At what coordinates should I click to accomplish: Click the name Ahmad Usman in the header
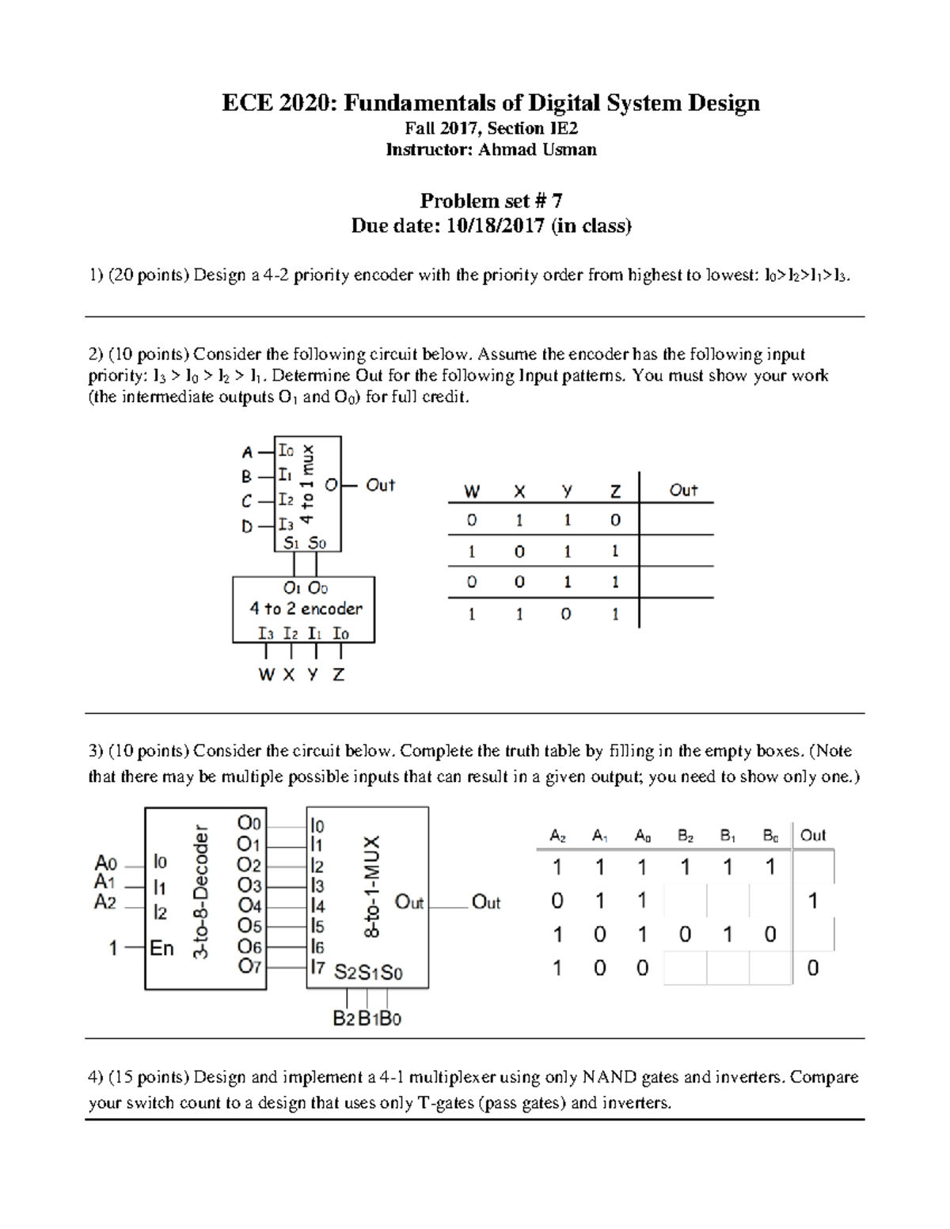click(537, 150)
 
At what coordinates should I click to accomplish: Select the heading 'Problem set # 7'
click(491, 200)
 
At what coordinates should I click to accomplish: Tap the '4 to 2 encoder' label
click(306, 609)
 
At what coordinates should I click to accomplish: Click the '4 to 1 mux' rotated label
click(309, 484)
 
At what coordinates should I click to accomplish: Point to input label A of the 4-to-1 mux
click(248, 453)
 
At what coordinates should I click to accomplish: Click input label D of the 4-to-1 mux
click(248, 526)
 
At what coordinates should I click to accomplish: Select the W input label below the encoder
click(267, 675)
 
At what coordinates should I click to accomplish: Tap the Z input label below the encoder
click(339, 675)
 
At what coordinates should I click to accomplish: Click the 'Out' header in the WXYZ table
click(682, 490)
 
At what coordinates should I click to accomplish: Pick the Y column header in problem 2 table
click(567, 491)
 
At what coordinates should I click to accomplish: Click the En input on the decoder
click(161, 947)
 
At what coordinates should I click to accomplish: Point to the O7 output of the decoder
click(249, 966)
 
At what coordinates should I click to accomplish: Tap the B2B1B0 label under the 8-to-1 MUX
click(367, 1018)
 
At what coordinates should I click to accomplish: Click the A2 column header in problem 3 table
click(557, 836)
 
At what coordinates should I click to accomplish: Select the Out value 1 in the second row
click(812, 901)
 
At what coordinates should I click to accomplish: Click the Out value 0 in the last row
click(812, 968)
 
